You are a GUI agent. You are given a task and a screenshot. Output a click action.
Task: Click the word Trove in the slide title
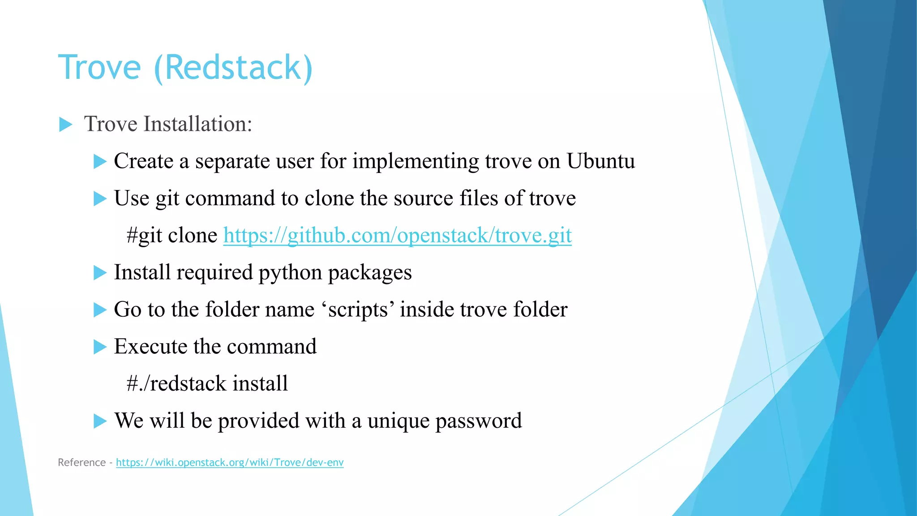coord(99,67)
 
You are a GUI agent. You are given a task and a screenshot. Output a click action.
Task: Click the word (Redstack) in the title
coord(233,67)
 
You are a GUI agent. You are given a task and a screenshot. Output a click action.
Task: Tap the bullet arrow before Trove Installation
coord(65,125)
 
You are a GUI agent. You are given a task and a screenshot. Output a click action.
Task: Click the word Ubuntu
coord(600,161)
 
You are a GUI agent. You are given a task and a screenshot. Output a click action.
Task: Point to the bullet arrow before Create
coord(100,161)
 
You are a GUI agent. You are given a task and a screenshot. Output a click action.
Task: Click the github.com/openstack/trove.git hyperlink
coord(397,235)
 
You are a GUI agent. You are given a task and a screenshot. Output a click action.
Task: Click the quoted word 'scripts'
coord(358,310)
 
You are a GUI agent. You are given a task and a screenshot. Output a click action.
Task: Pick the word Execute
coord(150,346)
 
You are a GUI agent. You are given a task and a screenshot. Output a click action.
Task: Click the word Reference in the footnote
coord(81,462)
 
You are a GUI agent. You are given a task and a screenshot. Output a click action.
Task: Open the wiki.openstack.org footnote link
coord(230,462)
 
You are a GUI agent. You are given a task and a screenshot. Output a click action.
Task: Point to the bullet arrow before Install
coord(100,272)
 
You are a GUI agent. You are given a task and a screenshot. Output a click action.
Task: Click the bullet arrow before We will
coord(100,421)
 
